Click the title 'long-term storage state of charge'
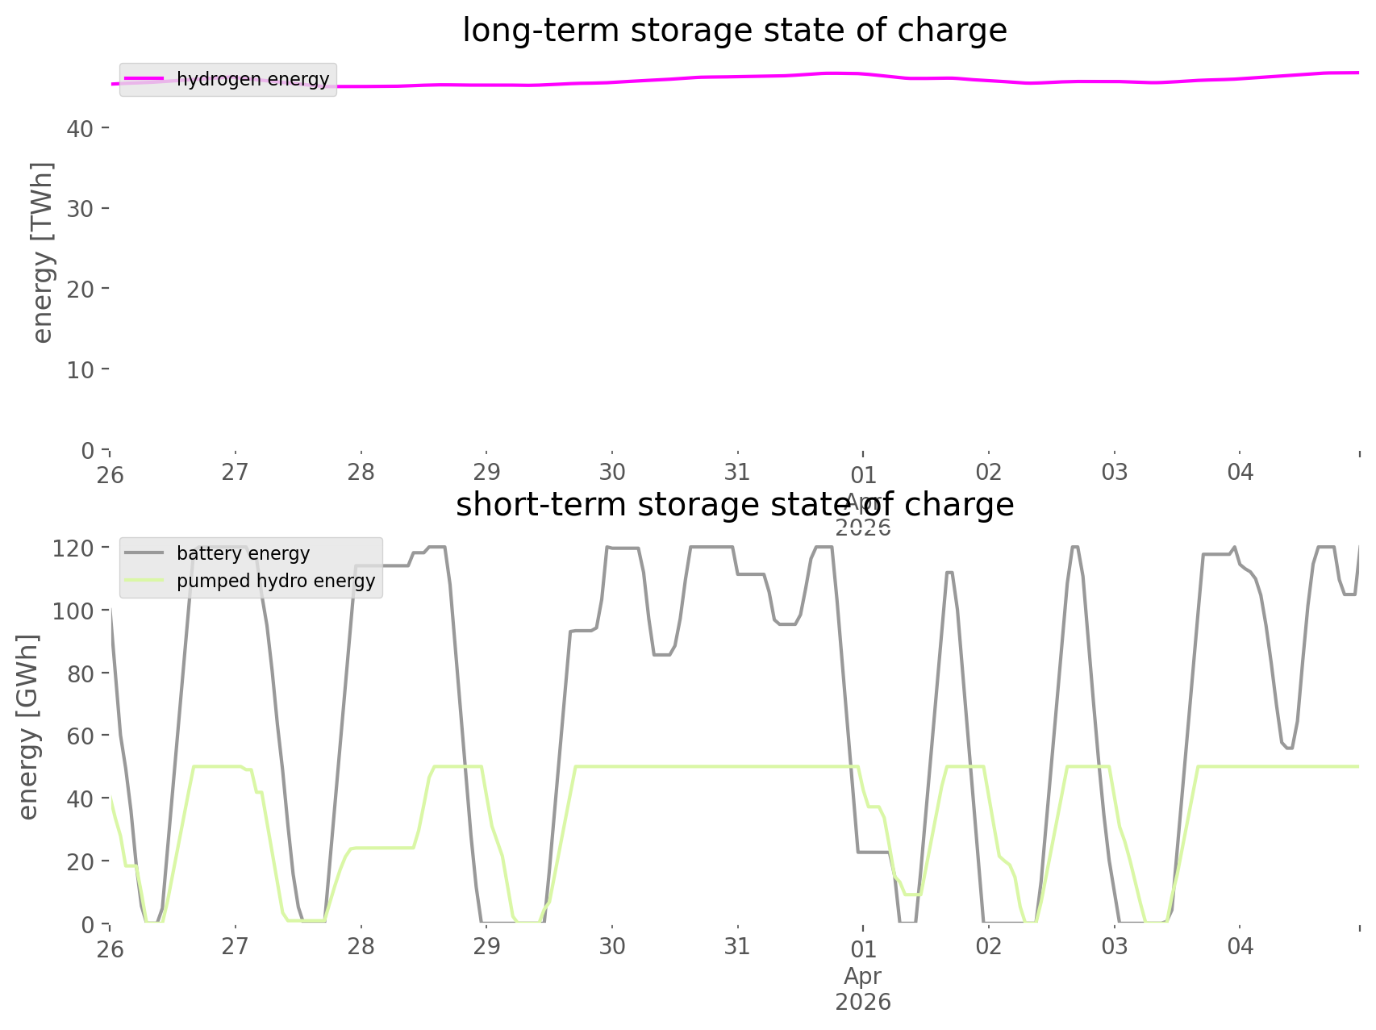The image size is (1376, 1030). [734, 31]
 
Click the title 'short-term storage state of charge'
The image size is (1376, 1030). [734, 505]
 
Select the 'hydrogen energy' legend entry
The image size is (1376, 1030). [252, 79]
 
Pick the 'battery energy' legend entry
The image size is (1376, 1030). [243, 553]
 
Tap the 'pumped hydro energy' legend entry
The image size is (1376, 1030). [276, 581]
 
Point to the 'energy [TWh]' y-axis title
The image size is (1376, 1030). [43, 252]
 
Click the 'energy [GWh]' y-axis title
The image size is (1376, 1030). [28, 727]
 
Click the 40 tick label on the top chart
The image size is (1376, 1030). [80, 128]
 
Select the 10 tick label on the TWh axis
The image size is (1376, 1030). [80, 369]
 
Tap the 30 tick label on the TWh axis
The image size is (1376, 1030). [80, 209]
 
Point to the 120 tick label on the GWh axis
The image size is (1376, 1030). [73, 548]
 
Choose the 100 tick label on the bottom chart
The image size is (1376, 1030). [73, 611]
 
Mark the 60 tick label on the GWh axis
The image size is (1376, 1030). [80, 736]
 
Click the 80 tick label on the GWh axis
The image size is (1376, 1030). [80, 673]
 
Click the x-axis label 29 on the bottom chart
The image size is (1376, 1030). [486, 946]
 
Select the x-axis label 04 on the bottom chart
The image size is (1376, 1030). [1240, 946]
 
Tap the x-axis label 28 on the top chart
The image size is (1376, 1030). [361, 472]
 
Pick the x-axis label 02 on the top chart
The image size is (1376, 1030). [988, 472]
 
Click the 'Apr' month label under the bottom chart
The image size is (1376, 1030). [862, 976]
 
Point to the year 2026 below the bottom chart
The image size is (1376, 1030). [862, 1002]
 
